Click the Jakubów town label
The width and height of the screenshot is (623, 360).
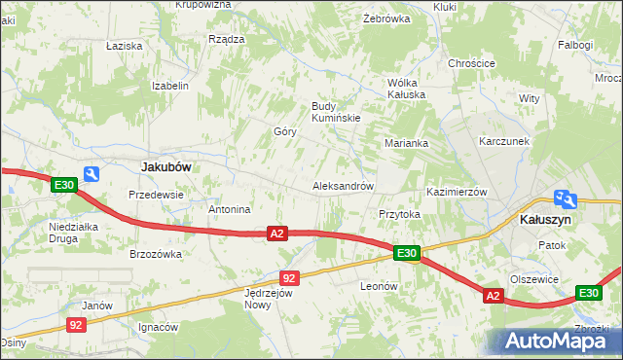click(x=165, y=166)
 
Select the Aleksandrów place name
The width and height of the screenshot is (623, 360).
click(x=343, y=186)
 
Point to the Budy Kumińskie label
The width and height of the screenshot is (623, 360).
click(x=336, y=112)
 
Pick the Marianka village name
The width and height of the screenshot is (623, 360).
click(x=406, y=143)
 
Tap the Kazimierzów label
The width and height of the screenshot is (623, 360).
click(x=457, y=192)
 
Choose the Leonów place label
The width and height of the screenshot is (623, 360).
click(x=380, y=286)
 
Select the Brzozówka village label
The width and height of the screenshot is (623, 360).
click(x=156, y=254)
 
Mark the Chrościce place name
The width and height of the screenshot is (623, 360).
click(x=471, y=63)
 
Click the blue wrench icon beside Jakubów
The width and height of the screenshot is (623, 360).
click(x=92, y=174)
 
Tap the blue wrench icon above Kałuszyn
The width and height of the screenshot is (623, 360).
click(x=564, y=198)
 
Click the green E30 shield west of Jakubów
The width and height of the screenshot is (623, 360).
click(x=64, y=185)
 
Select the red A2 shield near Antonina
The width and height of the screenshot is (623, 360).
click(x=277, y=234)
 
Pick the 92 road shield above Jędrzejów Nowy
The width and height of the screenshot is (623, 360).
click(x=289, y=277)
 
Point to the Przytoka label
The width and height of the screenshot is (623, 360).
click(x=399, y=214)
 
